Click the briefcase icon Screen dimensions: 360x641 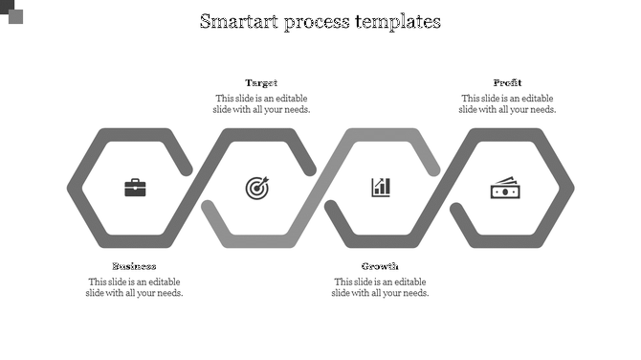point(136,188)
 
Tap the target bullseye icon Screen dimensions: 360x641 point(257,188)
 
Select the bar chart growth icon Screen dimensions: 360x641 point(381,187)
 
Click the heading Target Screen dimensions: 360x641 point(261,83)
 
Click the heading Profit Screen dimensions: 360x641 point(507,83)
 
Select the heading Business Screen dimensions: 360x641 point(134,266)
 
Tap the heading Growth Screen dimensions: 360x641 point(380,266)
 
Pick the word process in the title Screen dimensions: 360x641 point(320,21)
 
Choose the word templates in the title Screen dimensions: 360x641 point(401,21)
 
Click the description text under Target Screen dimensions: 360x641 point(261,104)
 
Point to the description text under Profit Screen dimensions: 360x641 point(507,104)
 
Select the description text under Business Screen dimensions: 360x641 point(134,287)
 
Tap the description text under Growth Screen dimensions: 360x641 point(380,287)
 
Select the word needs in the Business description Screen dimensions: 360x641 point(168,293)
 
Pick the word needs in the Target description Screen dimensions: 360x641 point(296,109)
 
